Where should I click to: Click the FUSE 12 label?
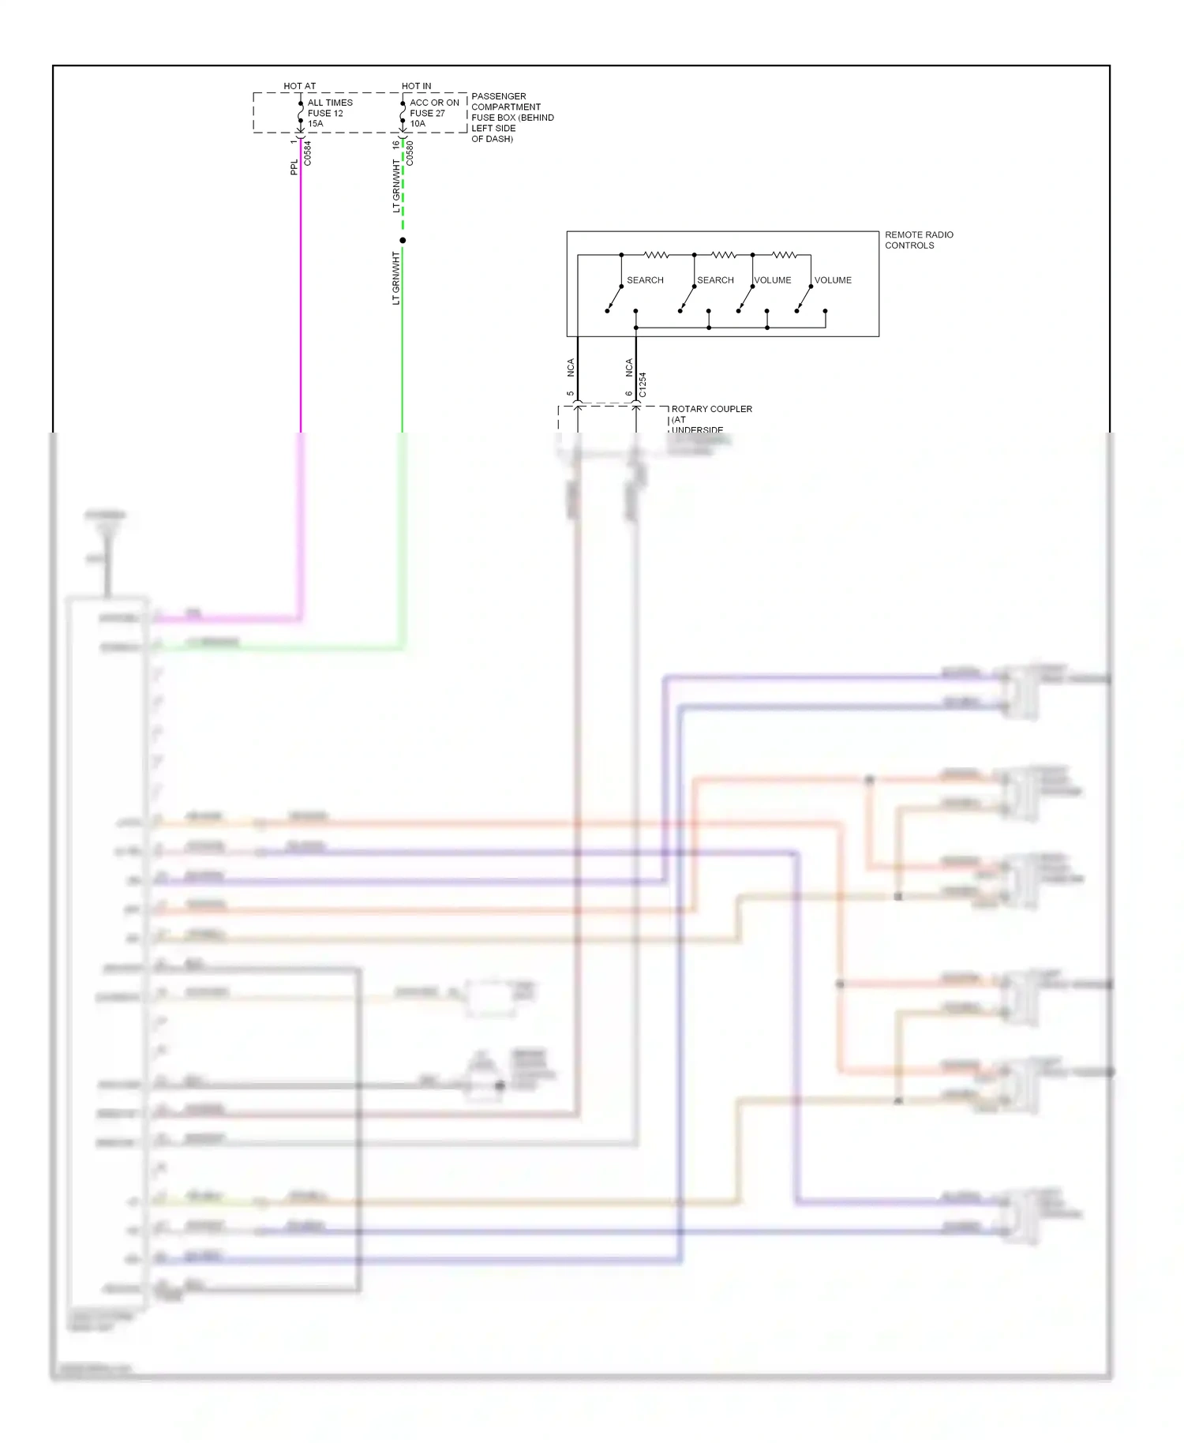(x=325, y=113)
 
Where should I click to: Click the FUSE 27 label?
(x=427, y=113)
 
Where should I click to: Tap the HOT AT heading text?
(x=299, y=86)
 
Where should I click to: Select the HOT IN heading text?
(x=416, y=86)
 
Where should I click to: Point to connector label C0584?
(x=308, y=153)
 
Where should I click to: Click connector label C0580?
(x=410, y=153)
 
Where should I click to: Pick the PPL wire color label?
(x=294, y=167)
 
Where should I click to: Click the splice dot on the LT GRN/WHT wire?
(x=403, y=240)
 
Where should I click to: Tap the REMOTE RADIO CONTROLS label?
(x=918, y=240)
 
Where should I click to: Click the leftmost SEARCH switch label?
(x=645, y=280)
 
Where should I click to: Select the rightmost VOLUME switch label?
(x=833, y=280)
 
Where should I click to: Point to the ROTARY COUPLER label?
(x=711, y=409)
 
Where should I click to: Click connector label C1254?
(x=643, y=384)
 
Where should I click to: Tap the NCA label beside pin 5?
(x=571, y=367)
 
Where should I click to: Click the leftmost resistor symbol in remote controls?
(x=657, y=255)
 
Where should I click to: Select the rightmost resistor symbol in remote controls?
(x=784, y=255)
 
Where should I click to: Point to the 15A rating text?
(x=316, y=124)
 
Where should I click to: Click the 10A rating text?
(x=418, y=124)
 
